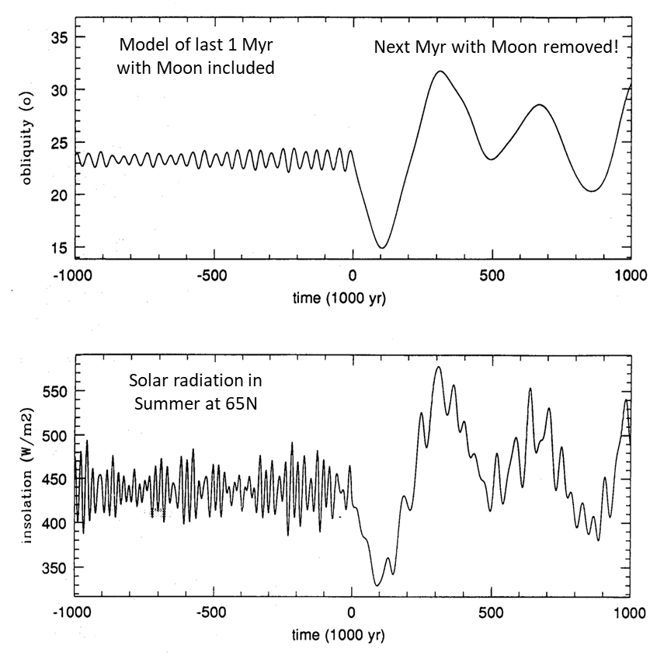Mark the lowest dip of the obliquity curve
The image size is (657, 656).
point(381,248)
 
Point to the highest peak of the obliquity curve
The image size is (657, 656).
point(440,72)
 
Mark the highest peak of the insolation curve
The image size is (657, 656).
point(439,367)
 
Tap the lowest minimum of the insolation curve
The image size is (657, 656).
point(377,585)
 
